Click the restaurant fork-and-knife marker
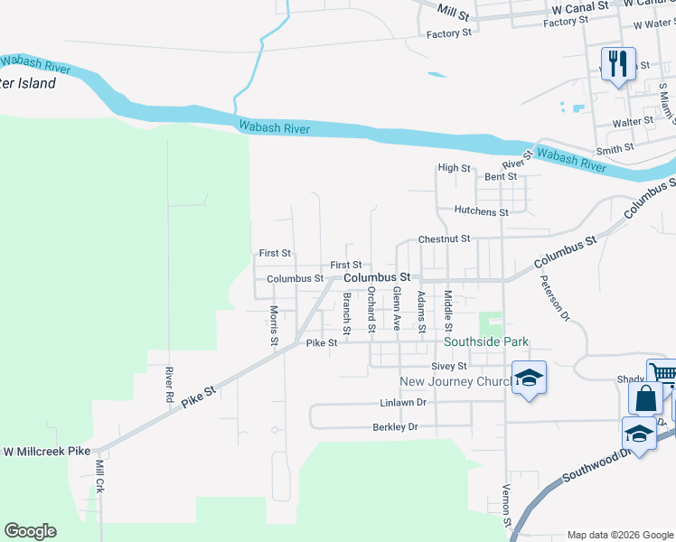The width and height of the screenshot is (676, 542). tap(618, 64)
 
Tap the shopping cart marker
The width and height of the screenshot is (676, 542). tap(662, 374)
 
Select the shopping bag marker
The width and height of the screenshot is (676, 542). tap(646, 398)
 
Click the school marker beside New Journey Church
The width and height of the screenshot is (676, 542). tap(529, 377)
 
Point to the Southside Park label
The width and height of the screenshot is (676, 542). tap(485, 342)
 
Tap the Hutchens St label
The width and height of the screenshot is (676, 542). tap(482, 211)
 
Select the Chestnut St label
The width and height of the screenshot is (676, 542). tap(444, 239)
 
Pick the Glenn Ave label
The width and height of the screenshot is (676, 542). tap(396, 309)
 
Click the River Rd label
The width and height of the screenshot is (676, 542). tap(168, 385)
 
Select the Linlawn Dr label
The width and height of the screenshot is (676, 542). tap(402, 402)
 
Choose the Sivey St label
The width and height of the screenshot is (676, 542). tap(448, 366)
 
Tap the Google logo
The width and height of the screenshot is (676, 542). tap(30, 531)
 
